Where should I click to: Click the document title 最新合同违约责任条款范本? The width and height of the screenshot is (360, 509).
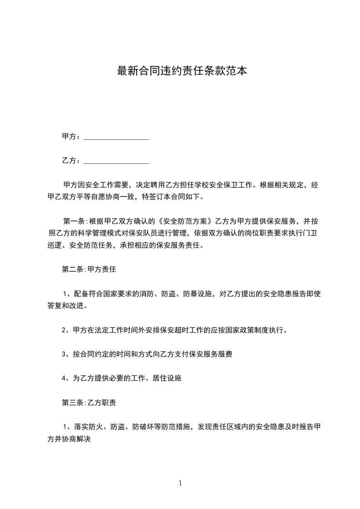coord(182,71)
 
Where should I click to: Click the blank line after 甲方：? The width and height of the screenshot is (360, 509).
coord(117,137)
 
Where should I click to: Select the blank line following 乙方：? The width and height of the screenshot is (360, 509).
coord(117,161)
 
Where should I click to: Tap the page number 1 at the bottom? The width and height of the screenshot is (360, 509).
coord(180,483)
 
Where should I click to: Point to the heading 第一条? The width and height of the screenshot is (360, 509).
coord(73,221)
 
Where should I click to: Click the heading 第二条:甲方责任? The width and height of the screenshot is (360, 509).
coord(89,269)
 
